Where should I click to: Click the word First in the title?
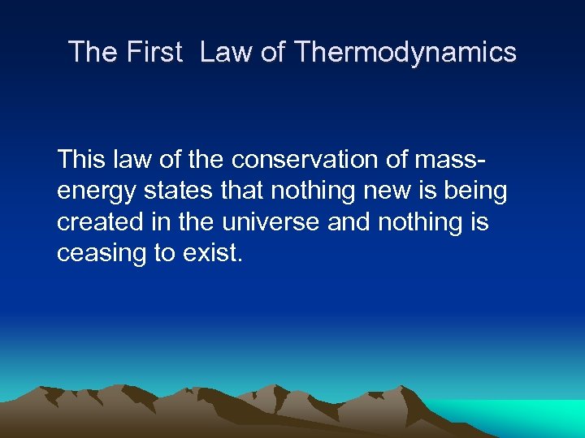154,53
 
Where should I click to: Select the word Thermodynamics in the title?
405,53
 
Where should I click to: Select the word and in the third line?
349,222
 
